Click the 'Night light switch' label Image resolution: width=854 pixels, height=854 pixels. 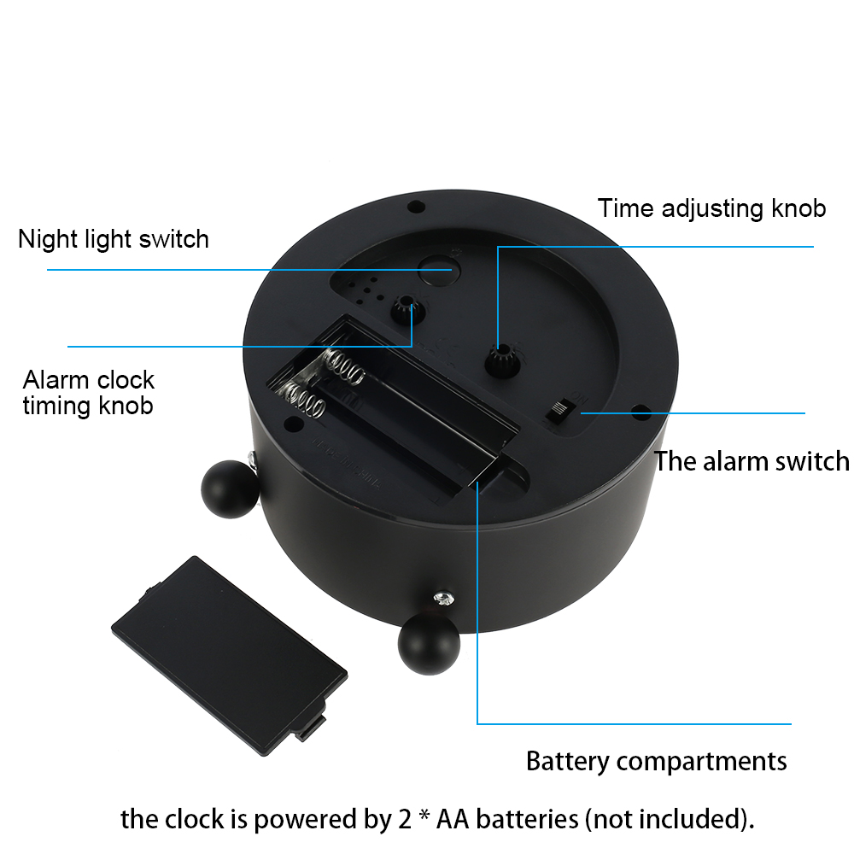click(x=114, y=239)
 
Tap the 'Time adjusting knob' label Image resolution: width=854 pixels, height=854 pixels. click(x=711, y=208)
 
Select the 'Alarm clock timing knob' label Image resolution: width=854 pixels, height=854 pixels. click(x=88, y=393)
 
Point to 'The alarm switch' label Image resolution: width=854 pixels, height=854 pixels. click(x=752, y=461)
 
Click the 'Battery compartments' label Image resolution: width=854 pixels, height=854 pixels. click(x=656, y=761)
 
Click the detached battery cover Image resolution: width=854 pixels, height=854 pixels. click(x=229, y=655)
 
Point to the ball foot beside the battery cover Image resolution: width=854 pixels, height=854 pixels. click(x=430, y=644)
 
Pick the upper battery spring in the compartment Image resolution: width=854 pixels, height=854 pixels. click(x=343, y=366)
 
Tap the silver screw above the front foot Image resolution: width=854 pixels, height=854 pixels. click(x=444, y=600)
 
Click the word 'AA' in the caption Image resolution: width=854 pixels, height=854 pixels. click(x=452, y=819)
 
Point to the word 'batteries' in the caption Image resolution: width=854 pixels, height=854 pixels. click(x=527, y=819)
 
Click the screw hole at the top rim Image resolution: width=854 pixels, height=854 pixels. click(x=416, y=207)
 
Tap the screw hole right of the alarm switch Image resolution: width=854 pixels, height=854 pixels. click(x=641, y=411)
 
